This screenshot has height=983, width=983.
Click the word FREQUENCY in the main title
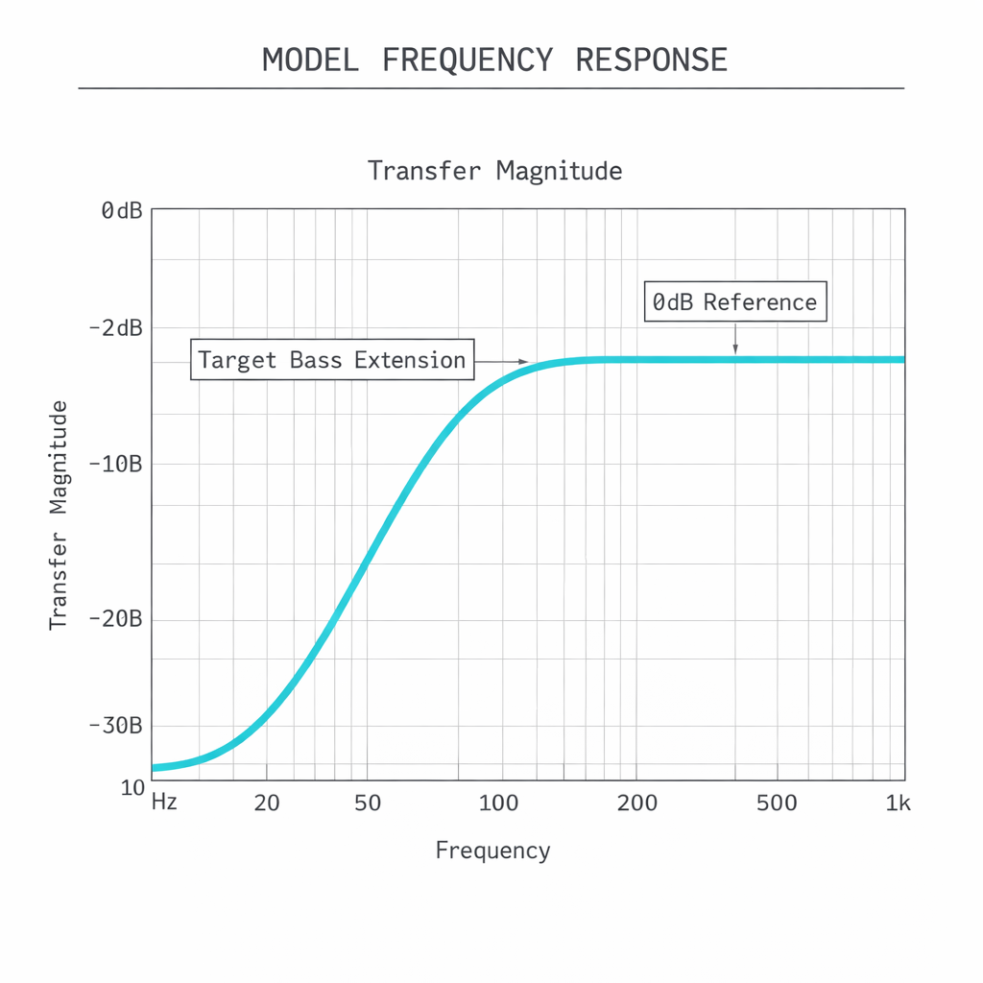(468, 60)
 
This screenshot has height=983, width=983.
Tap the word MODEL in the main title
(310, 60)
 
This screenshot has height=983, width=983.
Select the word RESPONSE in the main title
(652, 60)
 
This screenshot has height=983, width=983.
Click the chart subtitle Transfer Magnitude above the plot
(494, 172)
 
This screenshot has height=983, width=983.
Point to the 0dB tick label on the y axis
(121, 210)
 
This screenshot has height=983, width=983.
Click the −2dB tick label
(115, 328)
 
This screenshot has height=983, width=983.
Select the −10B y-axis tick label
(115, 464)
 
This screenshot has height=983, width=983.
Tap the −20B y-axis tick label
(115, 619)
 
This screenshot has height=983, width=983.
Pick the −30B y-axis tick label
(115, 726)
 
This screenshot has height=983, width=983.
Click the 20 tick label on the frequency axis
(267, 803)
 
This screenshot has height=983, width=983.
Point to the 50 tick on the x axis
(368, 803)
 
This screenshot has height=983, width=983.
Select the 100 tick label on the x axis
(498, 803)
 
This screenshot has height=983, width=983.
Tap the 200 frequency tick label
(637, 803)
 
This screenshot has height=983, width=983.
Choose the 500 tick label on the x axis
(777, 803)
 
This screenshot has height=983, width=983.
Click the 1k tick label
(898, 803)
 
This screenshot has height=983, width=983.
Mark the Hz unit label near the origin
(164, 802)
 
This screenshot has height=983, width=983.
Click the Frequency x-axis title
(492, 851)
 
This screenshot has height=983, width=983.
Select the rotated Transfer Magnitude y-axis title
(59, 515)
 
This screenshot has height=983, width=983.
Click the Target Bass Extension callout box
(332, 360)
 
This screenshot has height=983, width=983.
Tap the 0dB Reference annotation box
(734, 302)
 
